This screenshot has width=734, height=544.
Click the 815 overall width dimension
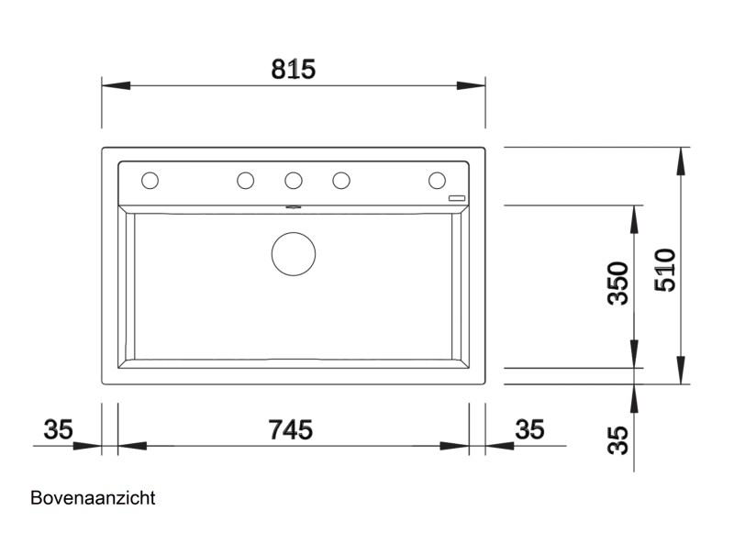294,69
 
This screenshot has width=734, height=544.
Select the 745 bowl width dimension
291,429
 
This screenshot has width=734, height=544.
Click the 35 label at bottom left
58,429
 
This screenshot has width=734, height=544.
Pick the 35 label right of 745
529,429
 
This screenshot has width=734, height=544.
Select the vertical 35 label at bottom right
618,439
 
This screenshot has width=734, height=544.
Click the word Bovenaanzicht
93,498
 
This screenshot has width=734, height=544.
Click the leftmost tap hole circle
150,180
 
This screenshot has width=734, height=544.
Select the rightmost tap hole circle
437,180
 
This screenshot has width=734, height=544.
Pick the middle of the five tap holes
294,180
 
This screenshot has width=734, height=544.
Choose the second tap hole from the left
246,180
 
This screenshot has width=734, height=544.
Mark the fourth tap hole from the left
341,180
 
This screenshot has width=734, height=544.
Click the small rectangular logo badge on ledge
457,197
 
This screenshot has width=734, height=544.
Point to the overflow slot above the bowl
294,207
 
